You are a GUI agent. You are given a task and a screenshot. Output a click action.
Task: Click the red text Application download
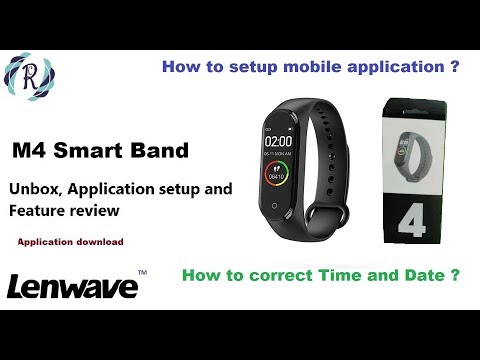pos(70,242)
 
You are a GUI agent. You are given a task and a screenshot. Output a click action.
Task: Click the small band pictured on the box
pos(418,146)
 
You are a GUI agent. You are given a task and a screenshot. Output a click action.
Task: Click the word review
pos(98,212)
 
